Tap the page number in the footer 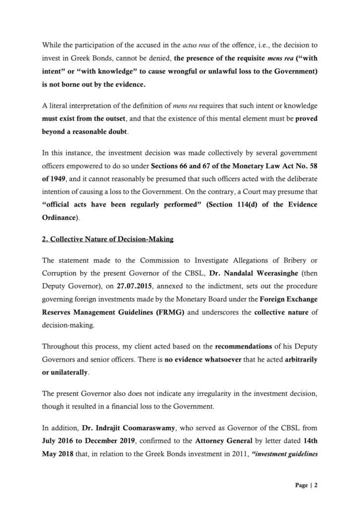point(308,485)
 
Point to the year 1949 point(58,177)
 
